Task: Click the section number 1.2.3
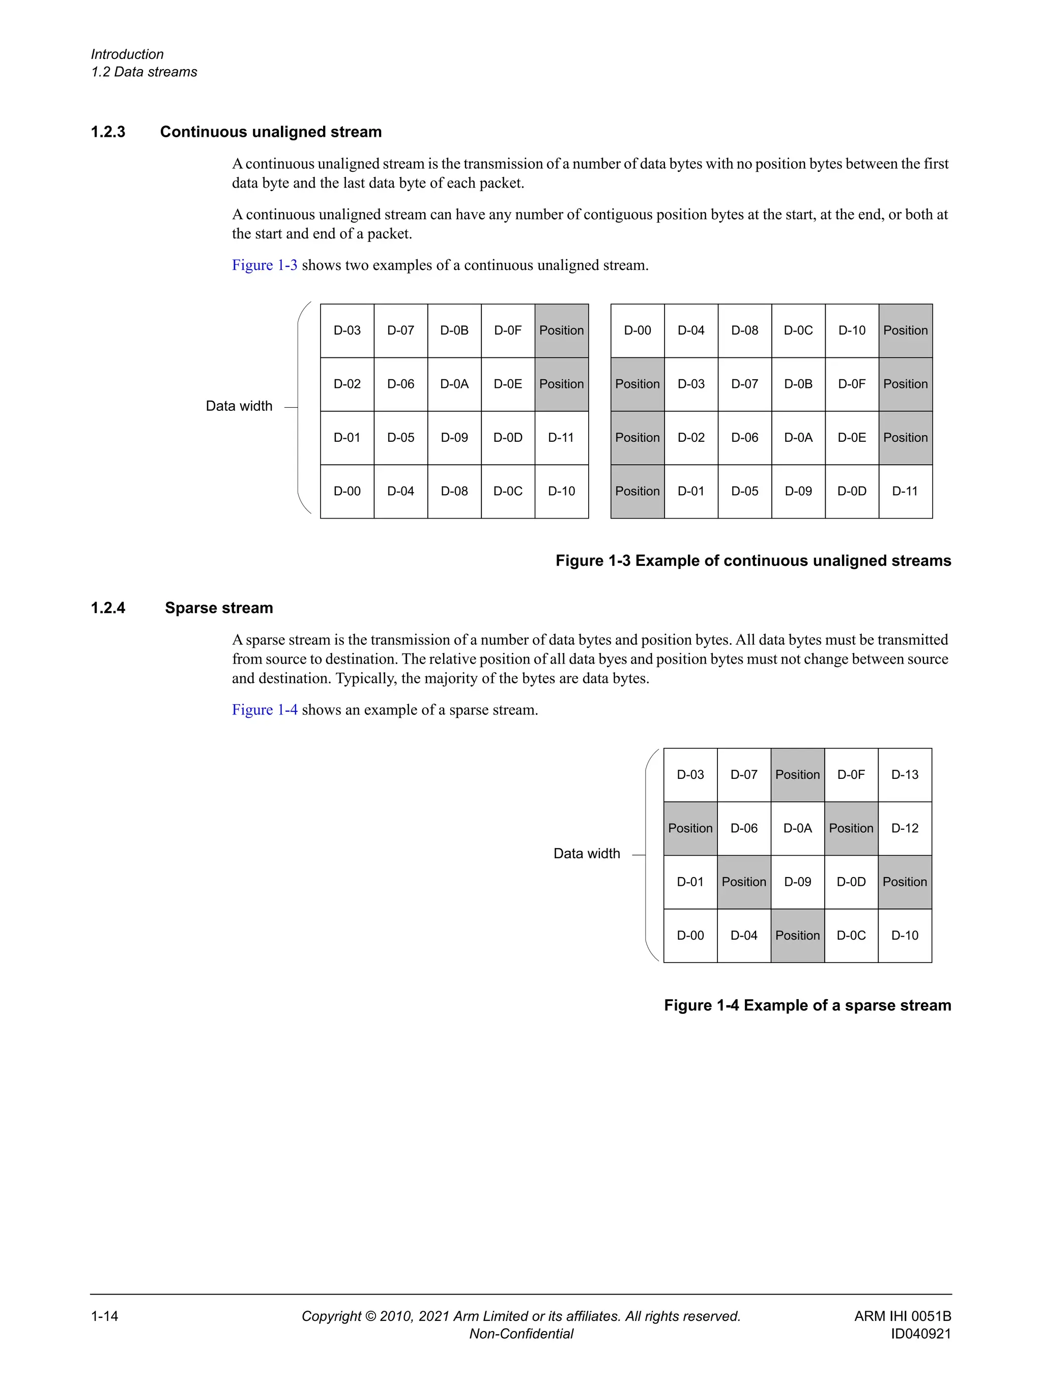[x=108, y=132]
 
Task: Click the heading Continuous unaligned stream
[x=270, y=132]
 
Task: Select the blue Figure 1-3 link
[x=264, y=265]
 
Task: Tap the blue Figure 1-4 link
[x=264, y=710]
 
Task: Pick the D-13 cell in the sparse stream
[x=904, y=775]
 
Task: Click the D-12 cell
[x=904, y=828]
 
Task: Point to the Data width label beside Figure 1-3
[x=239, y=406]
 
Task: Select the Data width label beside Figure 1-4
[x=586, y=853]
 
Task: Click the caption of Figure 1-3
[x=752, y=561]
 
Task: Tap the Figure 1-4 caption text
[x=807, y=1006]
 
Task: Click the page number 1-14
[x=105, y=1316]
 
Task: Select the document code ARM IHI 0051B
[x=902, y=1316]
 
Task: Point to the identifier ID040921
[x=920, y=1334]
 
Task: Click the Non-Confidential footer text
[x=521, y=1334]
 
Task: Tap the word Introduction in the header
[x=127, y=54]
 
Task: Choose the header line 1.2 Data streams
[x=144, y=72]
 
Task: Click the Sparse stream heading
[x=219, y=608]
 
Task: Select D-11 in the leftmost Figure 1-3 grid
[x=561, y=438]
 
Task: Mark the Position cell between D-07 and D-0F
[x=797, y=775]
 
